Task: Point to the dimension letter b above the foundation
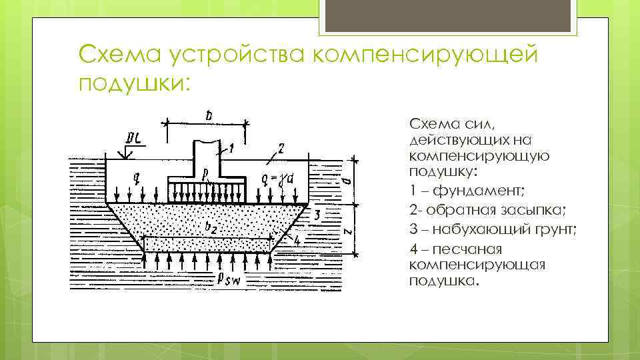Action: tap(208, 116)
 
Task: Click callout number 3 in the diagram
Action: tap(317, 214)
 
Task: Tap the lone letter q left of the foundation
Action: tap(136, 178)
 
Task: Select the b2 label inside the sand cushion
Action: tap(211, 228)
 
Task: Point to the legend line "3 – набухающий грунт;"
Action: tap(493, 230)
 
